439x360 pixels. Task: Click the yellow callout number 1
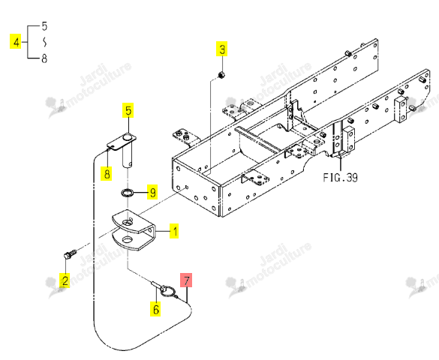[174, 231]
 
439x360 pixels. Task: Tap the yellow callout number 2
[65, 280]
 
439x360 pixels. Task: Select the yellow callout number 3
[221, 49]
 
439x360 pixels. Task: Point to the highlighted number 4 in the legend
[16, 41]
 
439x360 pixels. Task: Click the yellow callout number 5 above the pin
[128, 110]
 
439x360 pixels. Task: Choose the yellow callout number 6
[155, 309]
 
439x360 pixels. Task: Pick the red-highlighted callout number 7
[186, 280]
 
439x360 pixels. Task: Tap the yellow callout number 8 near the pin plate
[107, 173]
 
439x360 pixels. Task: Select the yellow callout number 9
[152, 192]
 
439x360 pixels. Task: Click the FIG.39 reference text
[340, 177]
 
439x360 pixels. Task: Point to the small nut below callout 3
[221, 75]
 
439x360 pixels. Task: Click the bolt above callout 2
[71, 254]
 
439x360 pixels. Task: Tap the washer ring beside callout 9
[128, 193]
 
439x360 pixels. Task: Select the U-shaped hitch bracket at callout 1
[134, 230]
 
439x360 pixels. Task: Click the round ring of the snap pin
[168, 291]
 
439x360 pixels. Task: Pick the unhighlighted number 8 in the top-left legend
[44, 58]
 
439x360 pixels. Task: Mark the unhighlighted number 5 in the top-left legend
[44, 26]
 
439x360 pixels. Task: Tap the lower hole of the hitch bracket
[128, 240]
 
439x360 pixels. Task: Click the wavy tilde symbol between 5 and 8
[44, 42]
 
